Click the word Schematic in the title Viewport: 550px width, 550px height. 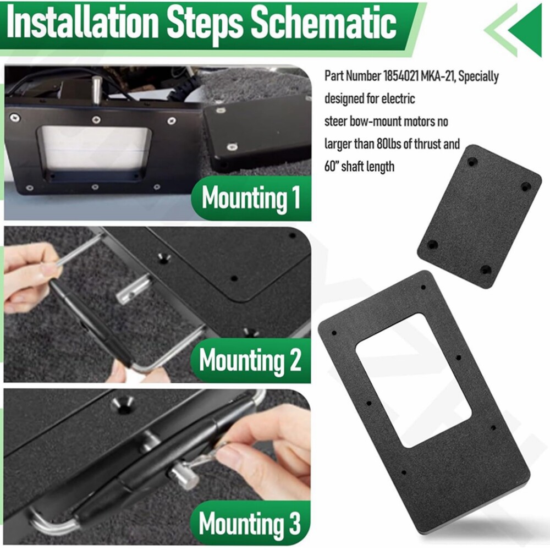coord(324,23)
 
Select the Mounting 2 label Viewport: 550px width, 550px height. coord(250,360)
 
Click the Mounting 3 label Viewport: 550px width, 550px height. coord(250,523)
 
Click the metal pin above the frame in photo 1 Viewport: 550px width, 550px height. coord(97,90)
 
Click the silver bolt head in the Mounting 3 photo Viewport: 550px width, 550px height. coord(185,476)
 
